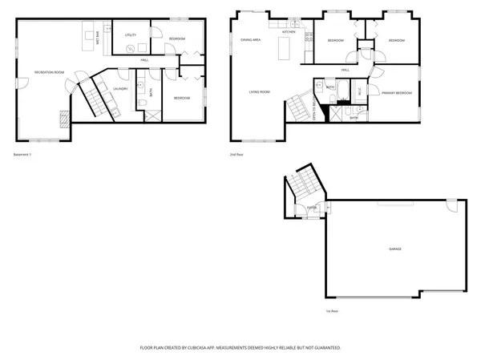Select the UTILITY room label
tap(130, 35)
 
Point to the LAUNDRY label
tap(121, 89)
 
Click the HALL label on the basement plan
tap(144, 60)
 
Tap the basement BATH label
tap(151, 91)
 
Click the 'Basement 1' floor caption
tap(24, 154)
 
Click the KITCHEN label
tap(289, 32)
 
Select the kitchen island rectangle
tap(282, 50)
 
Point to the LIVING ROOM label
tap(259, 92)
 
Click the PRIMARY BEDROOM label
tap(396, 93)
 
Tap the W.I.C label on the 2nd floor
tap(358, 91)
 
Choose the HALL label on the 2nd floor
tap(345, 70)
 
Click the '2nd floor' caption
tap(236, 154)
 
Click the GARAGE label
tap(395, 249)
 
